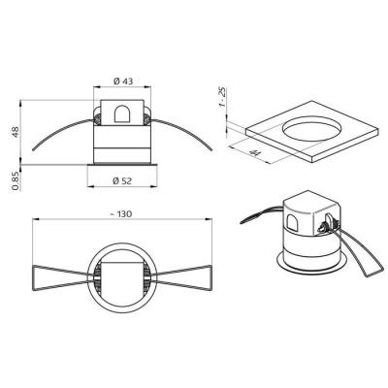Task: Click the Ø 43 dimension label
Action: click(123, 81)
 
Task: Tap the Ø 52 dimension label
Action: click(122, 181)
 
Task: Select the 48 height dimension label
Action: click(16, 132)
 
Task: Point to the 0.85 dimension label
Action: click(15, 181)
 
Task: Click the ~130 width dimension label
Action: click(120, 214)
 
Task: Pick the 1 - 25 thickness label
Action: click(222, 97)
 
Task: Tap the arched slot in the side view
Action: click(122, 113)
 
